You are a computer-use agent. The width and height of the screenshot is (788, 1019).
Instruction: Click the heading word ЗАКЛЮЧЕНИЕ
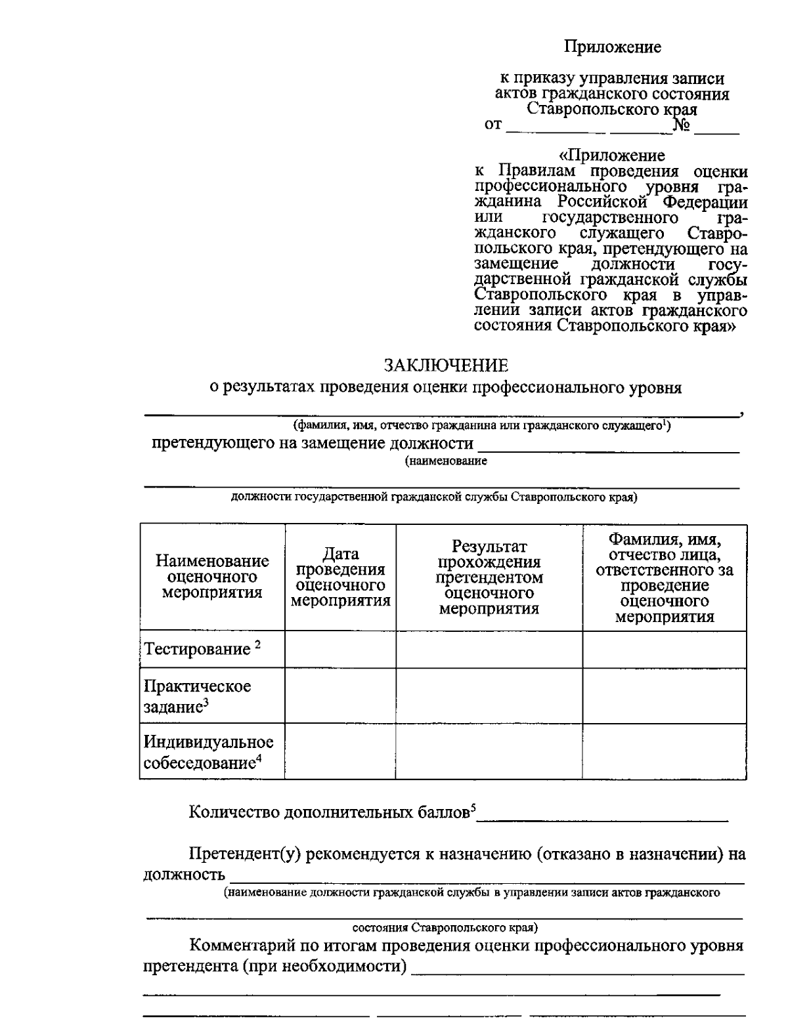pos(446,365)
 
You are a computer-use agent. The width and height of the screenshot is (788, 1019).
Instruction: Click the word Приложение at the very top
pos(612,47)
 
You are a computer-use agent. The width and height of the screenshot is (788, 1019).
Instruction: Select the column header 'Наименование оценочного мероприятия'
pos(212,577)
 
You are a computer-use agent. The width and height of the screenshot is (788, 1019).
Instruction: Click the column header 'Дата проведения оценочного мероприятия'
pos(340,577)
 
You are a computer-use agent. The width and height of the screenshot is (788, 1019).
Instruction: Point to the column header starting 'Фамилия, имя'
pos(665,577)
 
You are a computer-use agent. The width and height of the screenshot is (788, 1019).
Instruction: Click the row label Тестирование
pos(197,650)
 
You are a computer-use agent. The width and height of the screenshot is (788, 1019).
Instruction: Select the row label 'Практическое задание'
pos(197,696)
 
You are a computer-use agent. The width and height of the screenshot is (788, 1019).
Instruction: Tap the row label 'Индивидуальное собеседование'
pos(208,752)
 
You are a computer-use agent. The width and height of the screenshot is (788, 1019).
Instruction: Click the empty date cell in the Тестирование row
pos(340,650)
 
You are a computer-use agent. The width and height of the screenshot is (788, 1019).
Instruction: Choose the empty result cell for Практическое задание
pos(489,696)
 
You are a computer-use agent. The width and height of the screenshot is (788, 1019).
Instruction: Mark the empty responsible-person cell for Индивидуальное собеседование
pos(665,751)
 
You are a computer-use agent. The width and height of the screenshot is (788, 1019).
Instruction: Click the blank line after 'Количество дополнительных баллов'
pos(603,818)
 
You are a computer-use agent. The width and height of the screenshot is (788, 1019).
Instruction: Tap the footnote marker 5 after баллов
pos(473,806)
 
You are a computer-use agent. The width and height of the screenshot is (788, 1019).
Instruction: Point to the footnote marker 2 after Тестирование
pos(258,645)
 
